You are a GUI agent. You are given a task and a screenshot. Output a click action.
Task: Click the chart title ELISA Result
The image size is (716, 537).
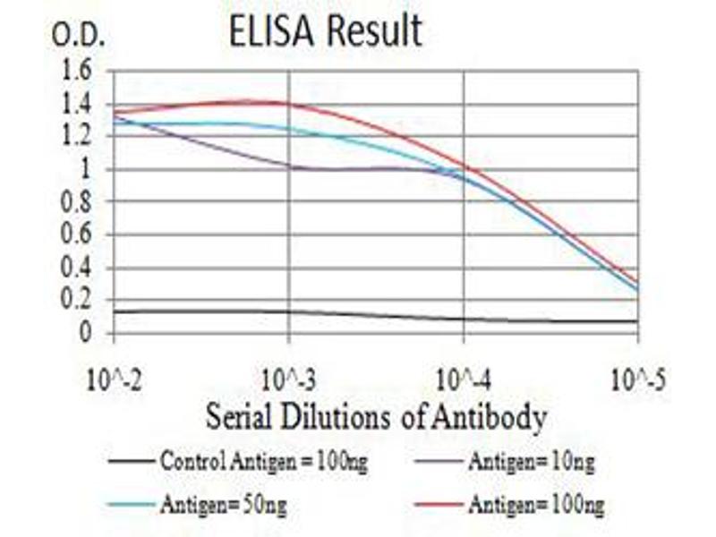(x=326, y=31)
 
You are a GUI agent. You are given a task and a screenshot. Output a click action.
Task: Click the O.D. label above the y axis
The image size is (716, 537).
(x=80, y=37)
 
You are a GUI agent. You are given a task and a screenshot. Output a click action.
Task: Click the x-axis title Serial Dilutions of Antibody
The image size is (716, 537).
(x=376, y=416)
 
